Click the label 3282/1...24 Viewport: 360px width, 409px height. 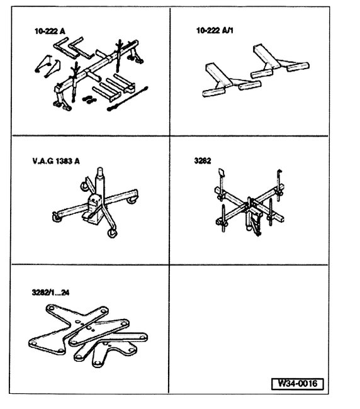pos(52,293)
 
